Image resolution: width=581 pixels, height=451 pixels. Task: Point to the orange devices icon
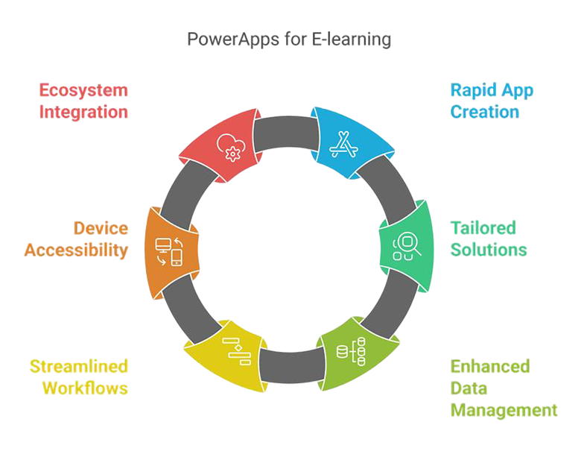168,252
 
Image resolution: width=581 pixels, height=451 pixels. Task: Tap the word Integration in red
82,113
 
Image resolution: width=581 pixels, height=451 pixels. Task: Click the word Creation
484,113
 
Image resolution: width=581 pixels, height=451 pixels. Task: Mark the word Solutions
489,249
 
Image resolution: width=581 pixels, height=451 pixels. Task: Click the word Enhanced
490,366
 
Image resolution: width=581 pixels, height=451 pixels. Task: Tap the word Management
504,409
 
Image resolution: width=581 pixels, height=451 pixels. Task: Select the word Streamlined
78,366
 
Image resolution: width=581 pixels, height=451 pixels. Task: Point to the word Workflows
85,388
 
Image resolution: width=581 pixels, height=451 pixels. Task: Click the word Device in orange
101,227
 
